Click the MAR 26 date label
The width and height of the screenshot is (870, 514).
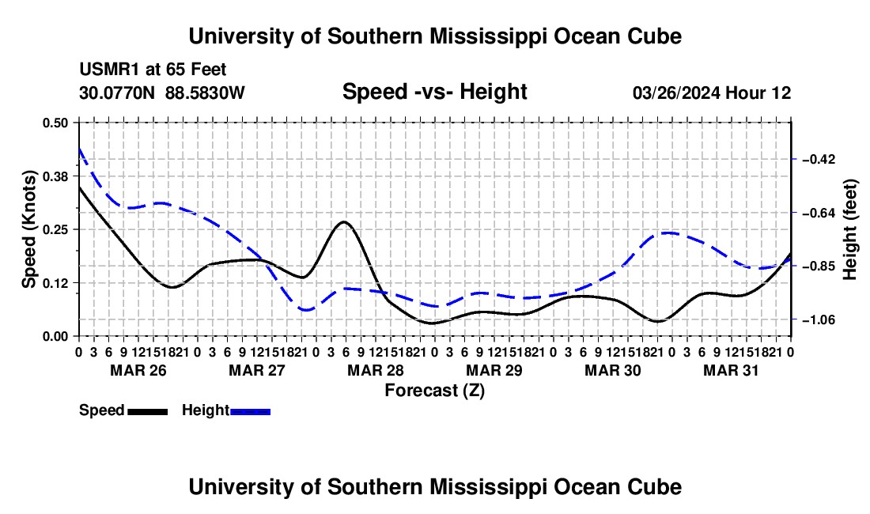pyautogui.click(x=138, y=370)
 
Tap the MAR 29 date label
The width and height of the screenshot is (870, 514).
pyautogui.click(x=494, y=370)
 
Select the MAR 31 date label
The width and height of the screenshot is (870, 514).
pyautogui.click(x=731, y=370)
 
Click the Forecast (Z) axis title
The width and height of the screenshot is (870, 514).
pyautogui.click(x=435, y=391)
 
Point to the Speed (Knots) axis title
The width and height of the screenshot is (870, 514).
pyautogui.click(x=29, y=229)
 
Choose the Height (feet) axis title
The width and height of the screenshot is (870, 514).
pyautogui.click(x=849, y=229)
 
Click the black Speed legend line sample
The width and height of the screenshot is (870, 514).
pyautogui.click(x=148, y=412)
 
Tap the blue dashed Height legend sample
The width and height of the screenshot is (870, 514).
pyautogui.click(x=250, y=412)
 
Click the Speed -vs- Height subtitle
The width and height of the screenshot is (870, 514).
pyautogui.click(x=434, y=92)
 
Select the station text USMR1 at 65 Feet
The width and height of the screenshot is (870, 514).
pyautogui.click(x=153, y=70)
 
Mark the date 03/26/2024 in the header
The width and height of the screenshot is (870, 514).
pyautogui.click(x=676, y=93)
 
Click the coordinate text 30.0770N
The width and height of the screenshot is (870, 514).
pyautogui.click(x=117, y=93)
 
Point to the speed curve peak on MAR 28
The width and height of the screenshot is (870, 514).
pyautogui.click(x=344, y=221)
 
